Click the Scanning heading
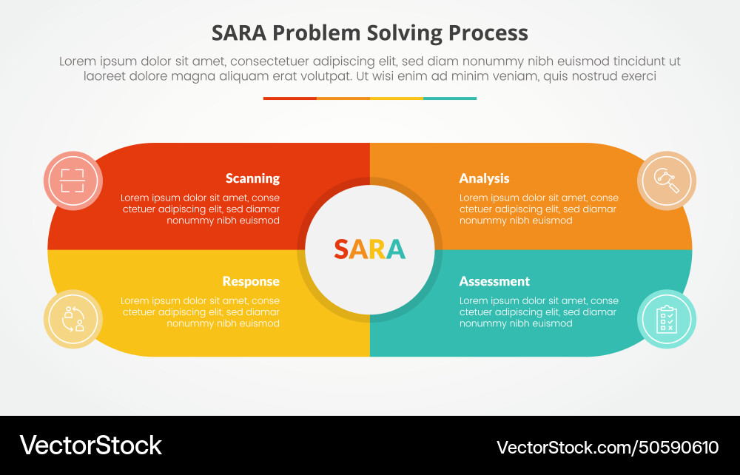pyautogui.click(x=252, y=178)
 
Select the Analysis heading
pyautogui.click(x=484, y=178)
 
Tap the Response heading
pyautogui.click(x=251, y=282)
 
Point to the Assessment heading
pyautogui.click(x=494, y=281)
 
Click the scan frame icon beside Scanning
pyautogui.click(x=73, y=181)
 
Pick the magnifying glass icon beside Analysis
pyautogui.click(x=667, y=181)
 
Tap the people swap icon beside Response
pyautogui.click(x=73, y=319)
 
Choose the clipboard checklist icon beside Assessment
pyautogui.click(x=667, y=319)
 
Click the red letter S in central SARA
pyautogui.click(x=341, y=249)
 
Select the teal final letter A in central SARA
pyautogui.click(x=396, y=249)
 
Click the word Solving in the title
pyautogui.click(x=404, y=33)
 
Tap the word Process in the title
pyautogui.click(x=488, y=33)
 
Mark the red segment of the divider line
pyautogui.click(x=290, y=98)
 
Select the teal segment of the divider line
pyautogui.click(x=450, y=98)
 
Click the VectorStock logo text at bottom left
pyautogui.click(x=90, y=445)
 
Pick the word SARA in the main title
pyautogui.click(x=238, y=33)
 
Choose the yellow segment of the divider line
pyautogui.click(x=397, y=98)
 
